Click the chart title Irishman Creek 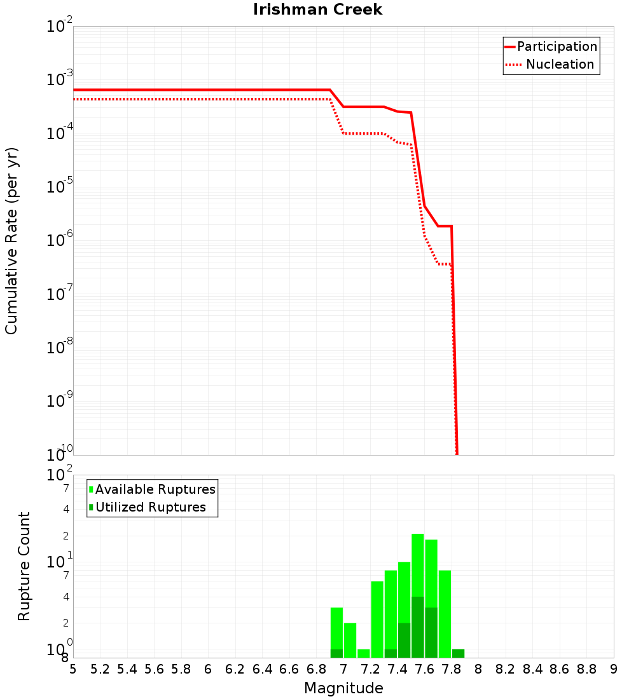coord(317,10)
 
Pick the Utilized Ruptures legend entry coord(150,507)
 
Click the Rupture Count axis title coord(24,566)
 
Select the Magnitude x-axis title coord(343,688)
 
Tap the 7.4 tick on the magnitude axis coord(397,669)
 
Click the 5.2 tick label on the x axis coord(100,669)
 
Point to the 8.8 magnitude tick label coord(586,669)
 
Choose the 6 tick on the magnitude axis coord(208,669)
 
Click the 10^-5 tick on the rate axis coord(60,187)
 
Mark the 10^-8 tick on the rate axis coord(60,348)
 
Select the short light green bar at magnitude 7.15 coord(364,653)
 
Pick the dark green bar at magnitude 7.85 coord(458,653)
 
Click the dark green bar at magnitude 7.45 coord(404,640)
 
